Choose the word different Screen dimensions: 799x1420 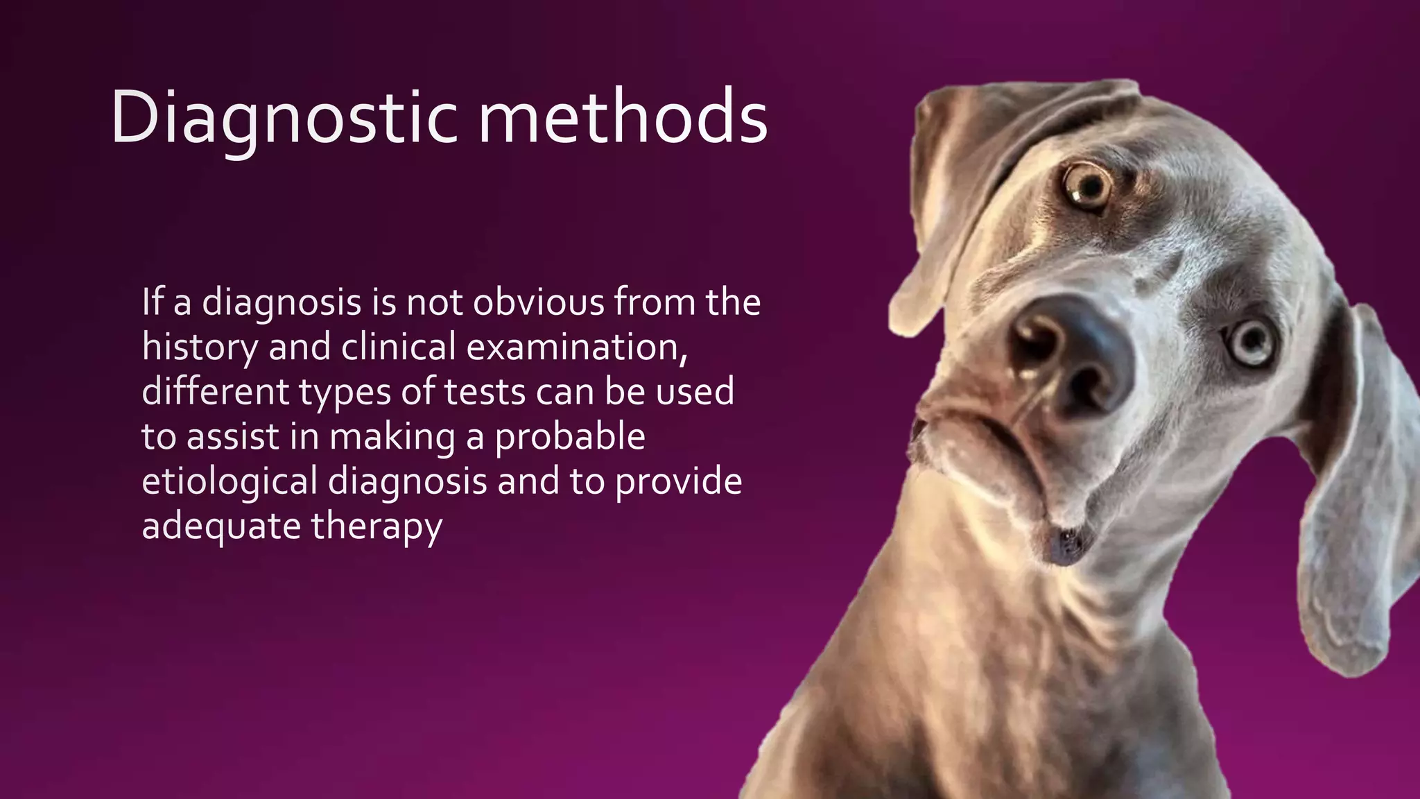coord(215,392)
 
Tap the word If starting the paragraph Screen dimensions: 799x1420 coord(153,302)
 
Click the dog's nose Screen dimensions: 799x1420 coord(1068,354)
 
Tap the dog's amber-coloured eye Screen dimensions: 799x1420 coord(1087,186)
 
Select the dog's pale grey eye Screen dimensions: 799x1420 coord(1252,342)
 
